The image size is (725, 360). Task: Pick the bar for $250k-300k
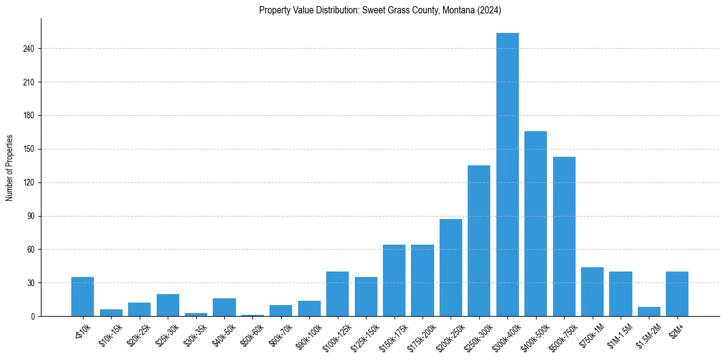coord(479,241)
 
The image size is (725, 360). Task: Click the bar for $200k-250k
coord(451,268)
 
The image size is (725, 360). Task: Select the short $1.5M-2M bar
coord(649,312)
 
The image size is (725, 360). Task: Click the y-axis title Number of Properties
coord(10,168)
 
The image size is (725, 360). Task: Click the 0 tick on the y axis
coord(33,316)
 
